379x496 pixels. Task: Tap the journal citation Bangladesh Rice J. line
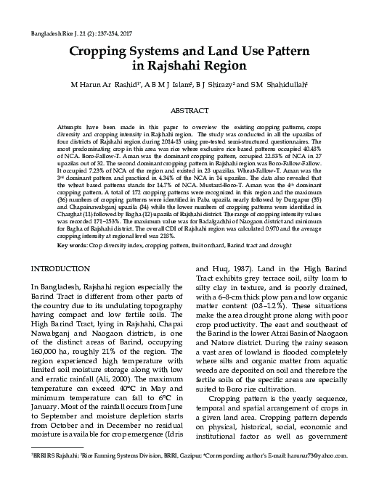click(80, 34)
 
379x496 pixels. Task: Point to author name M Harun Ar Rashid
click(100, 85)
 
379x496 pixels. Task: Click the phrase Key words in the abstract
click(73, 225)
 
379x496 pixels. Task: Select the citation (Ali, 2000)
click(144, 378)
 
